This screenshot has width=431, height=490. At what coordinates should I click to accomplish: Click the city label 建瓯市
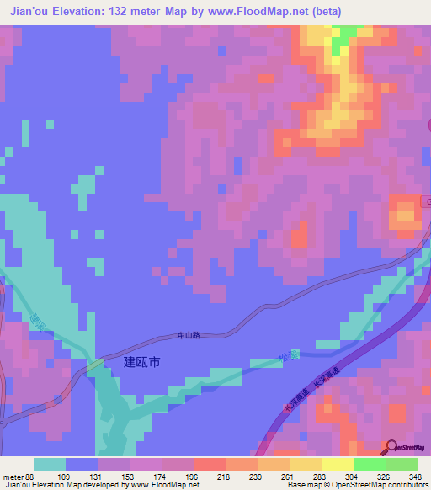[x=141, y=362]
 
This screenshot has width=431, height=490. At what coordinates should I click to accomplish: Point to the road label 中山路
[x=190, y=335]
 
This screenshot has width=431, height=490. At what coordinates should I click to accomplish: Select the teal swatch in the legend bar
[x=50, y=464]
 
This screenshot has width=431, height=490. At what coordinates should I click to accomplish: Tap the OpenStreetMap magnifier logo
[x=391, y=447]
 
